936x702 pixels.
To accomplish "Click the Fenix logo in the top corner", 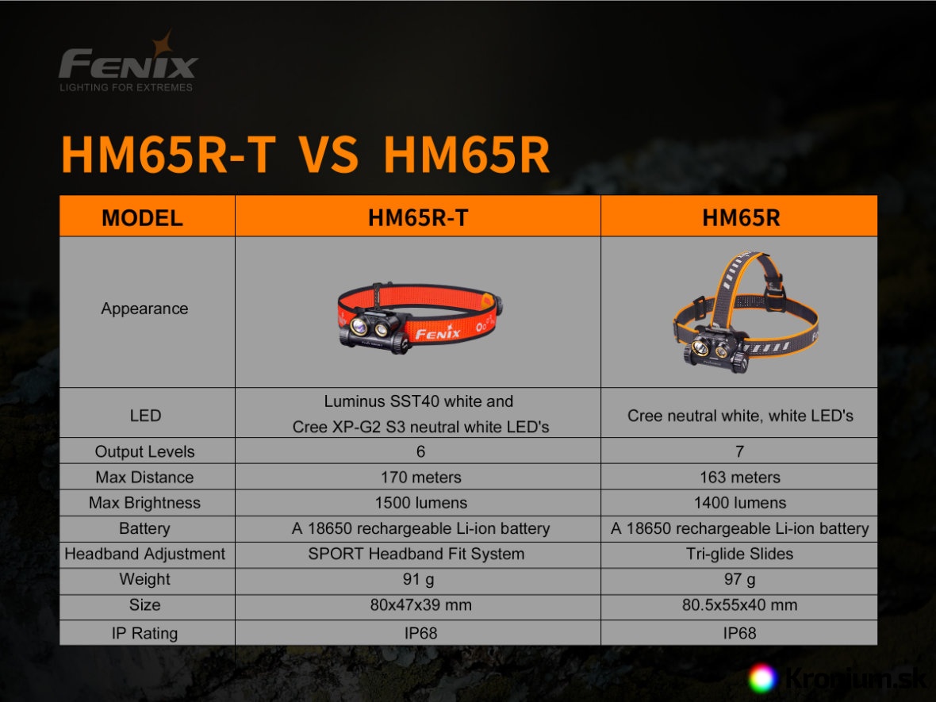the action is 128,62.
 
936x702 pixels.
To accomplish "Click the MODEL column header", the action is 142,218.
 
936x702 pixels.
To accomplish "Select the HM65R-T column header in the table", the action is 418,218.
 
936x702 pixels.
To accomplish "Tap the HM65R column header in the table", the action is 741,218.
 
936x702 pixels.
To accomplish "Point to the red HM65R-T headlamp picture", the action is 420,317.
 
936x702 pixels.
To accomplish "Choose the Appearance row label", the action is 144,309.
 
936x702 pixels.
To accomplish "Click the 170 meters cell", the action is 421,478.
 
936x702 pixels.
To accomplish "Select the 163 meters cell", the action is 739,478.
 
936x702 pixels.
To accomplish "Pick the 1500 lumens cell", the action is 421,503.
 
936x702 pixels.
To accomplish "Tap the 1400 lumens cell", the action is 739,503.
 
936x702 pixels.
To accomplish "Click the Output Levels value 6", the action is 421,452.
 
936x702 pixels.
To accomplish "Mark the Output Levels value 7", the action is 739,452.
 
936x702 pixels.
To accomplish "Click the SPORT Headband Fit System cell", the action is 416,554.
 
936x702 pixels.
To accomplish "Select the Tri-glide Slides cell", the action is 739,554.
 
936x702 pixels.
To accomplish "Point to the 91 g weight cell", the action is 419,580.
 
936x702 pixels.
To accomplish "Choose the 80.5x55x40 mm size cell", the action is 739,605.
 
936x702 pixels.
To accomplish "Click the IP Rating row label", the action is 144,633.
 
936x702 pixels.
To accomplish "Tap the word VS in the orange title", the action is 329,155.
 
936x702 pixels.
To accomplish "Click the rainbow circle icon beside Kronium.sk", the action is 763,679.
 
